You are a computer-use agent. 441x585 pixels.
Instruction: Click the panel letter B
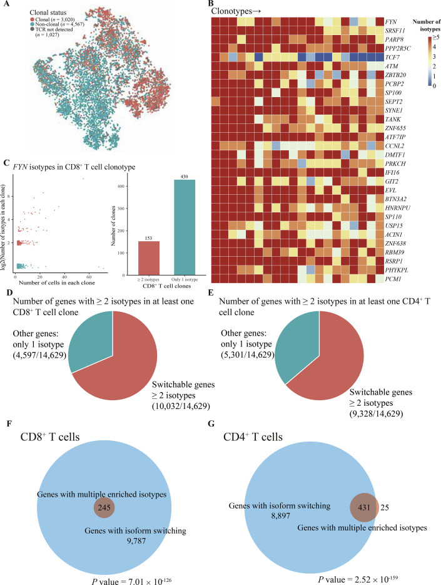tap(214, 4)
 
